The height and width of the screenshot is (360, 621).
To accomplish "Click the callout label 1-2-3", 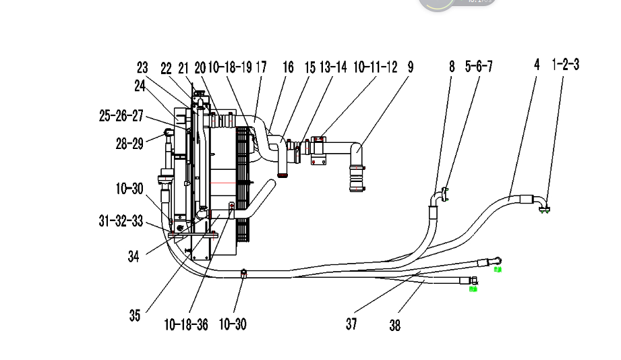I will pyautogui.click(x=565, y=65).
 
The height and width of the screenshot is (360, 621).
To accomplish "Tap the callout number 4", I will pyautogui.click(x=537, y=65).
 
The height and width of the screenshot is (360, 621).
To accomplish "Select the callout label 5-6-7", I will pyautogui.click(x=479, y=66).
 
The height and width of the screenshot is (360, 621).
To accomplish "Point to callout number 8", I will pyautogui.click(x=452, y=66).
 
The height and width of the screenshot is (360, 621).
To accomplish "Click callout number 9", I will pyautogui.click(x=410, y=67).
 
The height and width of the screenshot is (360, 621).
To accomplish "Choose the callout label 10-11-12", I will pyautogui.click(x=375, y=67).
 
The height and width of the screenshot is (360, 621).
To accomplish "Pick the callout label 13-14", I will pyautogui.click(x=333, y=67).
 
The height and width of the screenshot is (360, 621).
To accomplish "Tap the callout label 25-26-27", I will pyautogui.click(x=121, y=116).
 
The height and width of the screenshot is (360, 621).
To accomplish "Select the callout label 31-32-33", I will pyautogui.click(x=121, y=220).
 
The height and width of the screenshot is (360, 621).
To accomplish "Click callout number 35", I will pyautogui.click(x=135, y=314).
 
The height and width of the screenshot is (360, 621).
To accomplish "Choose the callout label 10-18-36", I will pyautogui.click(x=186, y=324).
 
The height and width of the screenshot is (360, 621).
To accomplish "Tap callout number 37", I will pyautogui.click(x=351, y=324).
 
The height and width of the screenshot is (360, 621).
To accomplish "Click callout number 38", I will pyautogui.click(x=394, y=326).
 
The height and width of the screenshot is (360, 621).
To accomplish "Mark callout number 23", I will pyautogui.click(x=142, y=67).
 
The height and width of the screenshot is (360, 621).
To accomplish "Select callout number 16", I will pyautogui.click(x=288, y=67).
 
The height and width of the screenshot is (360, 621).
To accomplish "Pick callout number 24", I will pyautogui.click(x=140, y=85).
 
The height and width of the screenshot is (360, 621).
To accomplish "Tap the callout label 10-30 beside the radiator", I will pyautogui.click(x=129, y=189).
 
